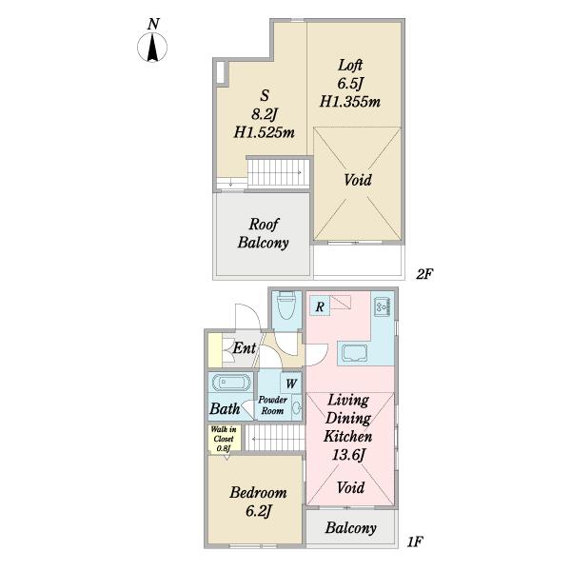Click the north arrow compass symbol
tap(152, 47)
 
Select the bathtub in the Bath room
tap(231, 383)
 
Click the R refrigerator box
tap(320, 305)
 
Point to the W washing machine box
tap(291, 384)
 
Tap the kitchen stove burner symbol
tap(383, 306)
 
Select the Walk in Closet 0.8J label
tap(224, 439)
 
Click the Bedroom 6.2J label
tap(258, 502)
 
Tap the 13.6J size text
tap(348, 455)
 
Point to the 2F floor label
tap(423, 274)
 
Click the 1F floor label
tap(414, 541)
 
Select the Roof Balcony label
tap(263, 233)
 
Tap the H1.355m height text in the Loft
tap(350, 101)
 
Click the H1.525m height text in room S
tap(264, 132)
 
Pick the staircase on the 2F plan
tap(279, 172)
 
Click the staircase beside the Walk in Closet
tap(275, 439)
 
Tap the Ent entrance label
tap(244, 347)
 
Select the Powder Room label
tap(272, 405)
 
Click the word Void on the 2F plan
tap(358, 180)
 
